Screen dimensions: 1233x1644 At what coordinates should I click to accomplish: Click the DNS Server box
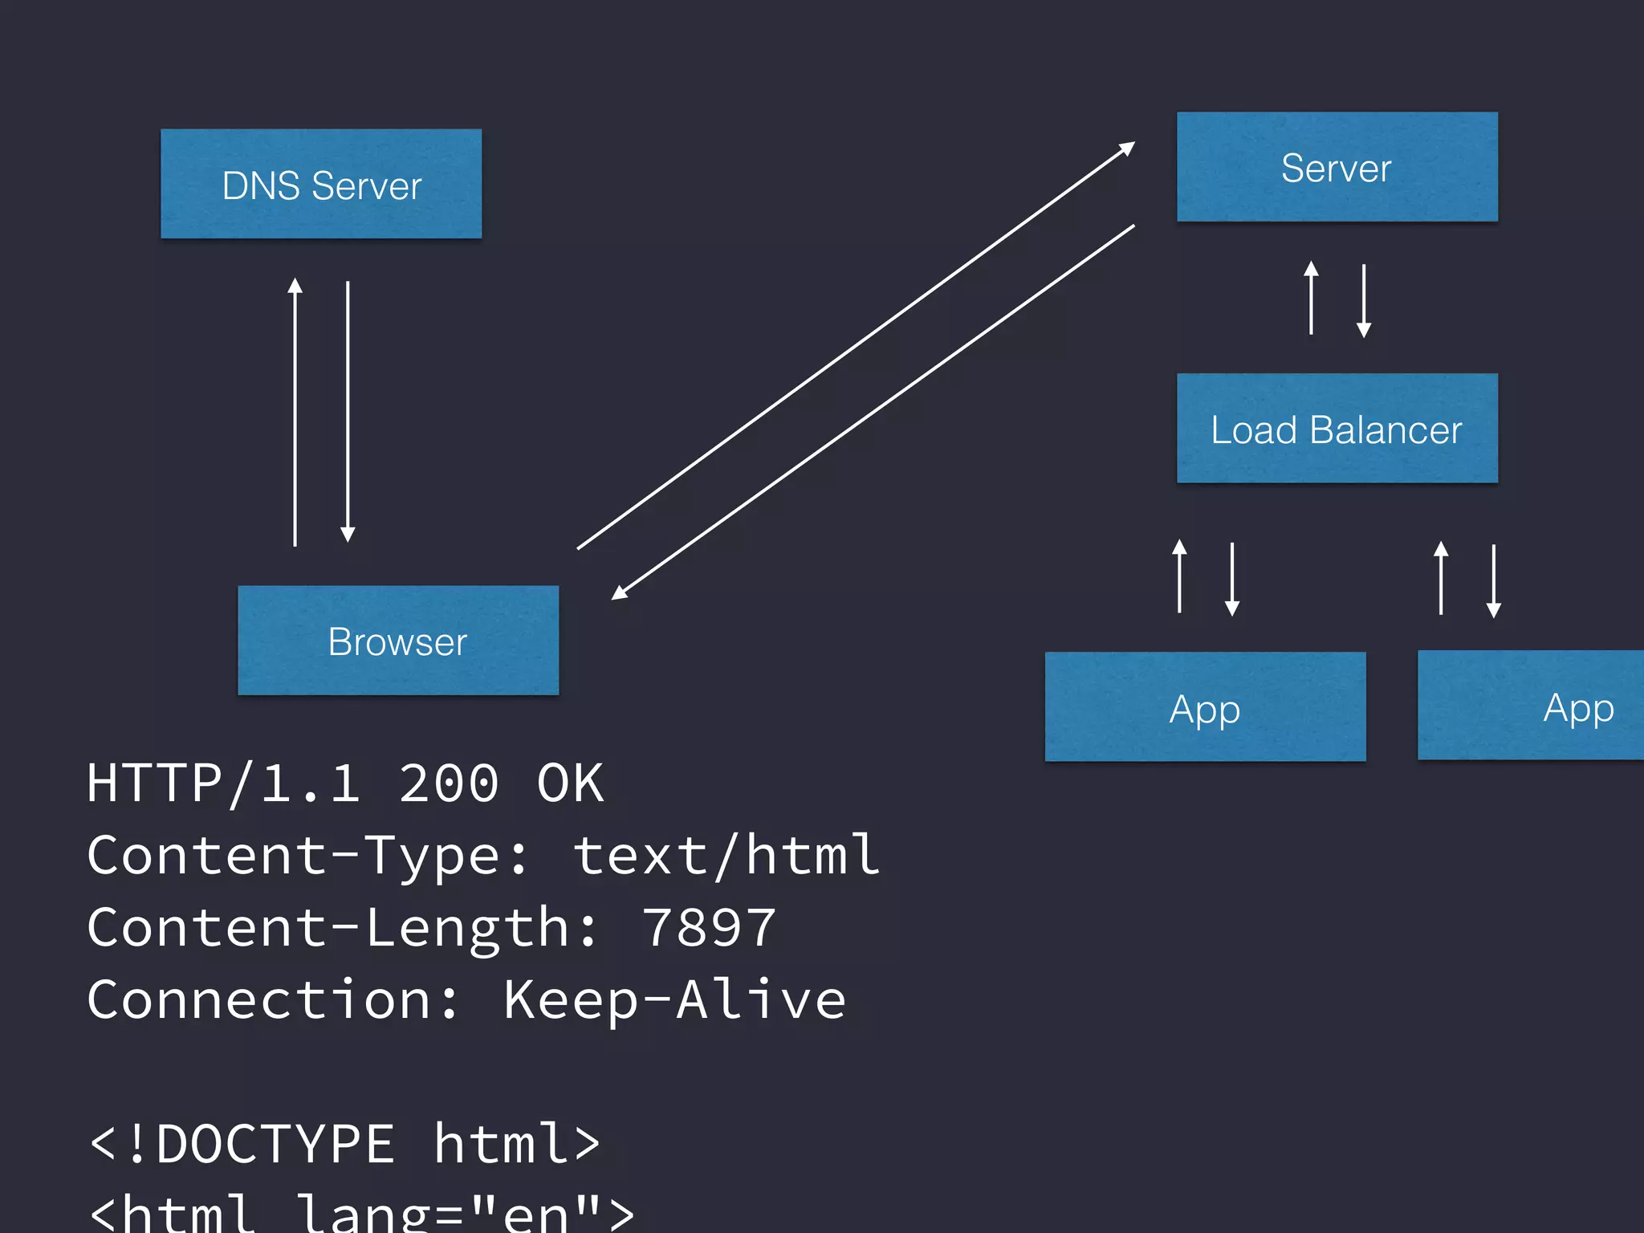coord(321,184)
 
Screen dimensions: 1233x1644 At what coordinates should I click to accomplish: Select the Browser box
coord(398,641)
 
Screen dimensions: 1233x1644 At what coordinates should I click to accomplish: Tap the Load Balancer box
coord(1337,429)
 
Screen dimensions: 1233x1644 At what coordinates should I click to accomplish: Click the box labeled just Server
coord(1337,167)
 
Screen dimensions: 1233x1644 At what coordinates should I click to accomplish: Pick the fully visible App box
coord(1205,706)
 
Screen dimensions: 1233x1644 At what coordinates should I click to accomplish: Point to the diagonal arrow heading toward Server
coord(856,346)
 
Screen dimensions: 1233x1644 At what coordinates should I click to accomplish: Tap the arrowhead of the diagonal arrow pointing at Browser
coord(619,593)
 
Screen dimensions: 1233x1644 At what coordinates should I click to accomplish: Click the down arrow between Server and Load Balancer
coord(1364,301)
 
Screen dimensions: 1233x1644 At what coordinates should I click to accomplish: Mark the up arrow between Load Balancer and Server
coord(1311,298)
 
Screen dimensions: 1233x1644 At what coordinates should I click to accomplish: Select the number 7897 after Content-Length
coord(708,928)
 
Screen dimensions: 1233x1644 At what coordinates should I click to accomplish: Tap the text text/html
coord(726,856)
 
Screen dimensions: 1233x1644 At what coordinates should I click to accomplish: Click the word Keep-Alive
coord(674,1000)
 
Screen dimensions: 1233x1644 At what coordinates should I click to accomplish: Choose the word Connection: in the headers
coord(273,1000)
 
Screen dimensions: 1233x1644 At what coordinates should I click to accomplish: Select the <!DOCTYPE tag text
coord(241,1143)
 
